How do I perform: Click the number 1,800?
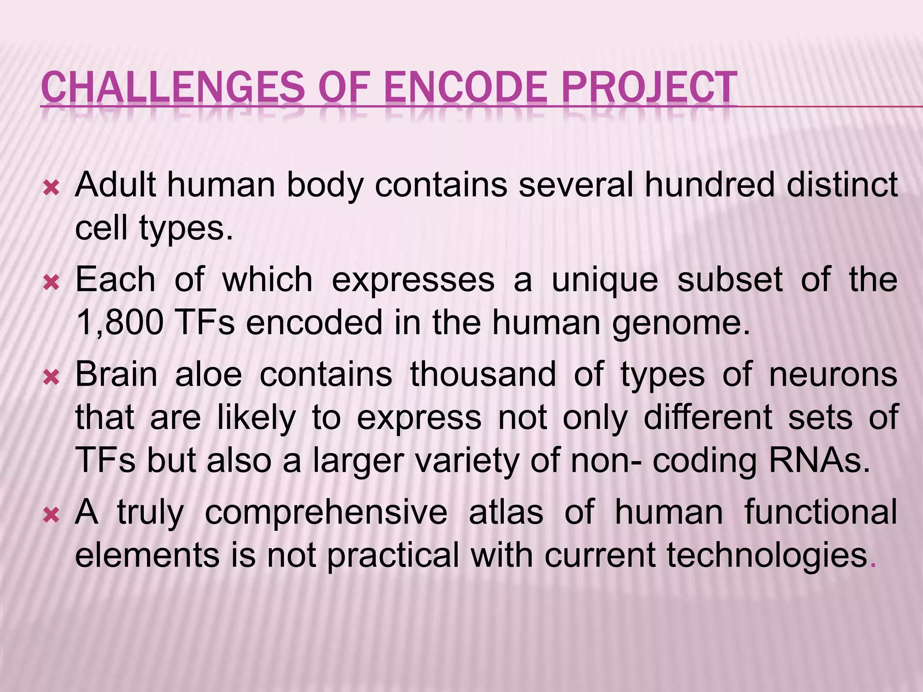coord(119,323)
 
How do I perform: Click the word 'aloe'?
coord(209,374)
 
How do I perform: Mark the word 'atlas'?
coord(506,513)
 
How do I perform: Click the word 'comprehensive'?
coord(326,513)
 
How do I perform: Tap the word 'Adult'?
coord(116,185)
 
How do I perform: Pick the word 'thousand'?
coord(483,374)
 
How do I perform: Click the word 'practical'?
coord(393,555)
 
